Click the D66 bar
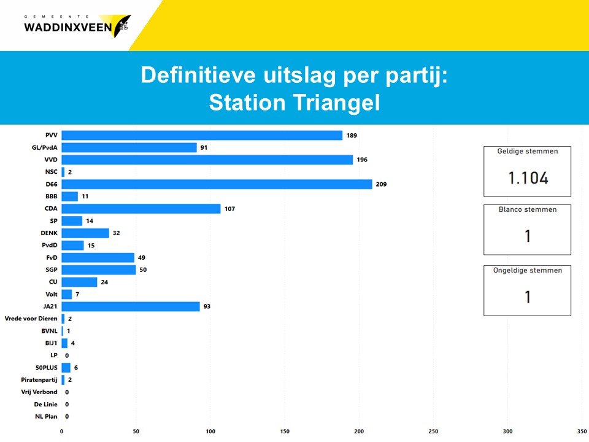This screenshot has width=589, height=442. coord(217,184)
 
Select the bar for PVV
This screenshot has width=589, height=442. coord(202,135)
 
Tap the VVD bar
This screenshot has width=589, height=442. coord(207,160)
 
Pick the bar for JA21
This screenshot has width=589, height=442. coord(131,306)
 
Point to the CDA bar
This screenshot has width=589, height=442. coord(141,209)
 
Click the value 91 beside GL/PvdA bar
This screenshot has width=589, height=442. coord(203,147)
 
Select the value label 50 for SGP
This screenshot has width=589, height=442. coord(143,269)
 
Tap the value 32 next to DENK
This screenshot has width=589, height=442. coord(116,233)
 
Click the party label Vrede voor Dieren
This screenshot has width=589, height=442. coord(31,319)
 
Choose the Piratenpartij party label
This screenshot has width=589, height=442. coord(39,379)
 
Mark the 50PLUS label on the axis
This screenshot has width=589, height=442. coord(45,367)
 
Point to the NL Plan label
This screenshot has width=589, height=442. coord(46,416)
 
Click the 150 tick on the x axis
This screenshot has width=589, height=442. coord(285,432)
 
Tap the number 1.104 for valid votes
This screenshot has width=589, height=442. coord(528,178)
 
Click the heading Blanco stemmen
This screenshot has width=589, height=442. coord(528,209)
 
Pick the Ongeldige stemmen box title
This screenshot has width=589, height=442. coord(528,270)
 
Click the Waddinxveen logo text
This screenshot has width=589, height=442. coord(67,27)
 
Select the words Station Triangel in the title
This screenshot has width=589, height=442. coord(294,103)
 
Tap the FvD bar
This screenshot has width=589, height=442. coord(98,258)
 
